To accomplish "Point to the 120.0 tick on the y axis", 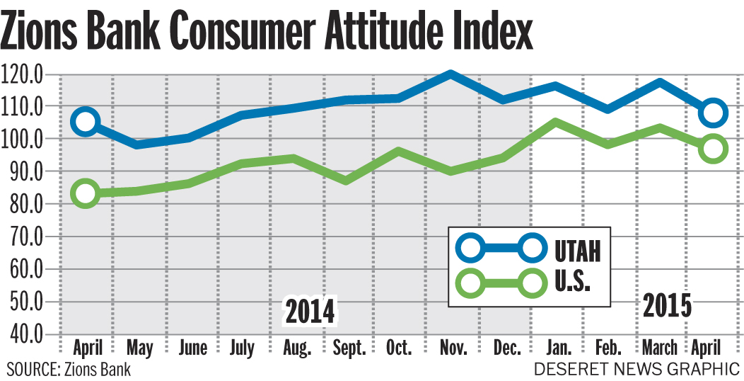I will coord(23,74).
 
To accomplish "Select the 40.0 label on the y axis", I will coord(23,334).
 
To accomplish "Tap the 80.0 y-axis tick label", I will coord(23,204).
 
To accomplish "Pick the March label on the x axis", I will coord(659,348).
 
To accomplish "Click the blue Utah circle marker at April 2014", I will coord(86,122).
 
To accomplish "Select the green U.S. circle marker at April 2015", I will coord(713,149).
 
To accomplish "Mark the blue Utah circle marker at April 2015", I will coord(713,113).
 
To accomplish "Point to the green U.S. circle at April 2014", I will coord(86,193).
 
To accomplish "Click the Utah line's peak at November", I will coord(449,74).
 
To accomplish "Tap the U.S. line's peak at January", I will coord(555,122).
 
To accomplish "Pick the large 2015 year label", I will coord(667,305).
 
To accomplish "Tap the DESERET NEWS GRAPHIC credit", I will coord(637,369).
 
